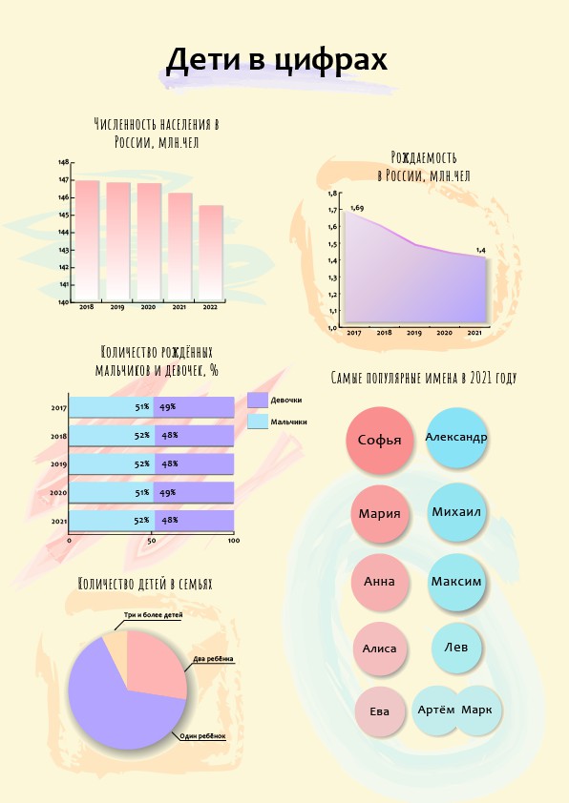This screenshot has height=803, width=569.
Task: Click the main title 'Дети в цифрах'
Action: pos(276,60)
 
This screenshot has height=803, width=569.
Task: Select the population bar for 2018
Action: pos(87,240)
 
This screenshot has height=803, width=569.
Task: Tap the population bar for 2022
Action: pos(211,253)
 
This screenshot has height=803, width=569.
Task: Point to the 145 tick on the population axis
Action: pos(64,216)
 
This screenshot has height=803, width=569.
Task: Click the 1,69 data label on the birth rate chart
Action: pos(357,208)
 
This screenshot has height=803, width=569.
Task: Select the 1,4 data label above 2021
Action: pos(481,251)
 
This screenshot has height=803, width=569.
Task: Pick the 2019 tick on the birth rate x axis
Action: pos(414,333)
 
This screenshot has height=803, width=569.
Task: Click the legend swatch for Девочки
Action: pos(258,400)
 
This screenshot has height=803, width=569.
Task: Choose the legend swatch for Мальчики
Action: pos(258,422)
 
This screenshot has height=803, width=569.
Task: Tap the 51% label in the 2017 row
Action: pos(142,407)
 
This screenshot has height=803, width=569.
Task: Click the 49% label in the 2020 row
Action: pos(168,493)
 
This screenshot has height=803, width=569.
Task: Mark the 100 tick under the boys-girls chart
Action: pos(234,541)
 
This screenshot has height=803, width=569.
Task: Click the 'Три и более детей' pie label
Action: pos(154,615)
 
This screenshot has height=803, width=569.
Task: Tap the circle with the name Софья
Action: pos(379,440)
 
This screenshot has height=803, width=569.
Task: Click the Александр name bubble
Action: pos(456,438)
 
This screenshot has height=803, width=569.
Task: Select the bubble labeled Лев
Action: pos(455,648)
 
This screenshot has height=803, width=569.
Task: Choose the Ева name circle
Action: pos(379,711)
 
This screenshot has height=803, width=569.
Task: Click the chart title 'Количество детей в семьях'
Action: pos(145,584)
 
